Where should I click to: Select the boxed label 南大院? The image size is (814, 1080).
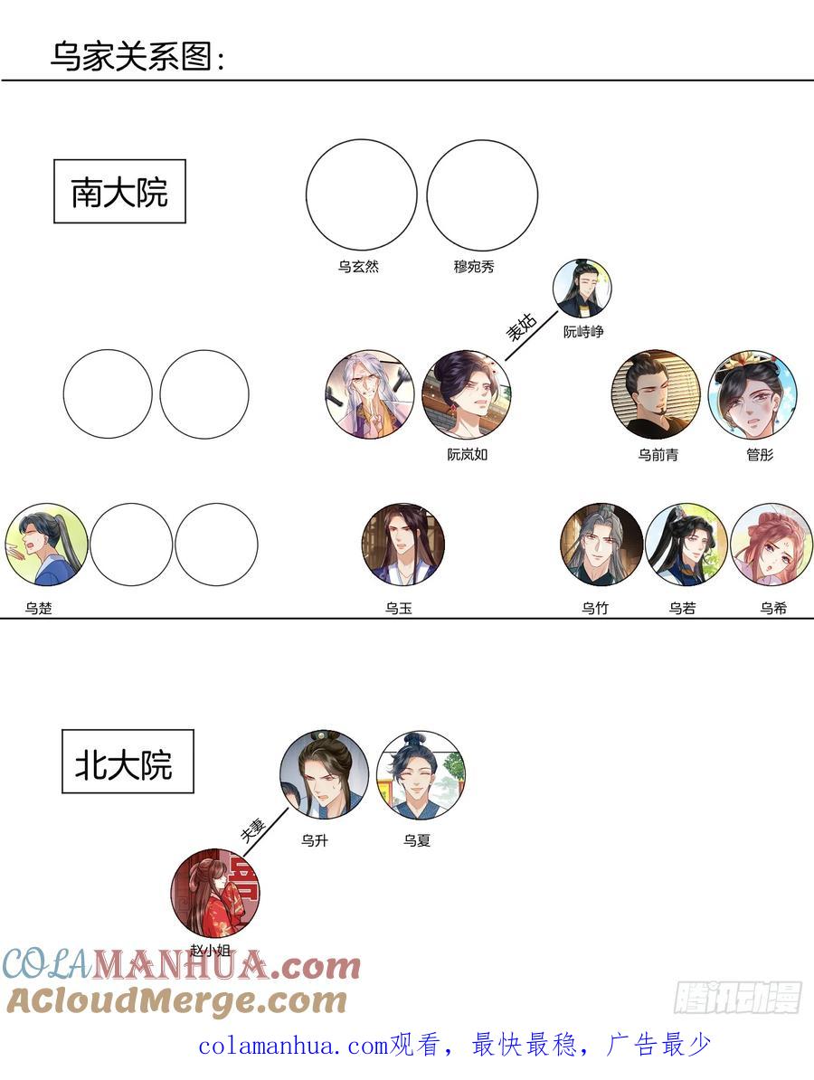tap(119, 192)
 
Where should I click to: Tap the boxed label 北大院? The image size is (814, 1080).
tap(128, 766)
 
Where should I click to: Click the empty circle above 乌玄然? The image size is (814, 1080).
tap(361, 194)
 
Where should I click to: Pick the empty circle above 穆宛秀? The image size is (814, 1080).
tap(482, 194)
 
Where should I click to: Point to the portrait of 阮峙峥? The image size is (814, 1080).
tap(582, 289)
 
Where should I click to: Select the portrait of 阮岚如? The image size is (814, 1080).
tap(467, 394)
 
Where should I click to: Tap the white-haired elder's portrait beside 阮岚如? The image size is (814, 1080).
tap(370, 394)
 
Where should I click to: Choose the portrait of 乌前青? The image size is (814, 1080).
tap(657, 394)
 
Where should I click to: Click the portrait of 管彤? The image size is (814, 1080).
tap(752, 394)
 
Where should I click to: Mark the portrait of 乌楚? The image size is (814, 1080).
tap(46, 545)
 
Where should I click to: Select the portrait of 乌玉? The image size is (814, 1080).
tap(403, 545)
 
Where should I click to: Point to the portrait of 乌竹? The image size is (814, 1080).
tap(601, 545)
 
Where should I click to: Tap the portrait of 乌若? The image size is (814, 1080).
tap(686, 545)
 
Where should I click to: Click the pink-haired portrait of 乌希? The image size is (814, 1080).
tap(771, 545)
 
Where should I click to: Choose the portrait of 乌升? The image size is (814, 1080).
tap(325, 775)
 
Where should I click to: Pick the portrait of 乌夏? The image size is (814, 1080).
tap(421, 775)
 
